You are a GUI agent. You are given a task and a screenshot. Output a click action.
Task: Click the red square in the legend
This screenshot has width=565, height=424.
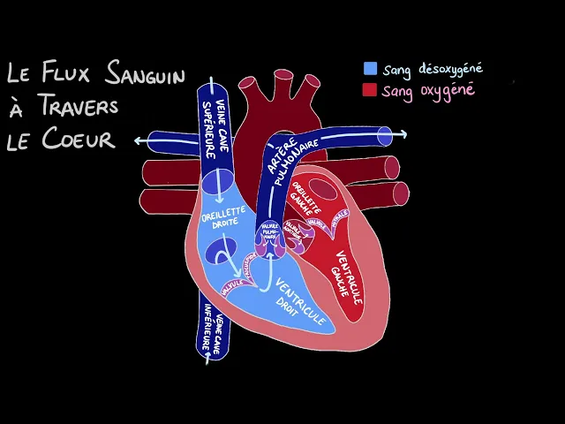tap(371, 90)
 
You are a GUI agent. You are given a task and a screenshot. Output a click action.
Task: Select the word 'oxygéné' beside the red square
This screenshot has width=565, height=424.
tap(445, 90)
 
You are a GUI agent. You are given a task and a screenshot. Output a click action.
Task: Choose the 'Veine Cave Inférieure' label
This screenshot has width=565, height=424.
tap(214, 331)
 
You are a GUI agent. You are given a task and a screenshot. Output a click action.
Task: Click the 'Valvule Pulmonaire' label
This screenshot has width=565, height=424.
tap(269, 232)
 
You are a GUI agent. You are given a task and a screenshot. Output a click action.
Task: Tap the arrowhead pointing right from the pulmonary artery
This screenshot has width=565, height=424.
tap(403, 133)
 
